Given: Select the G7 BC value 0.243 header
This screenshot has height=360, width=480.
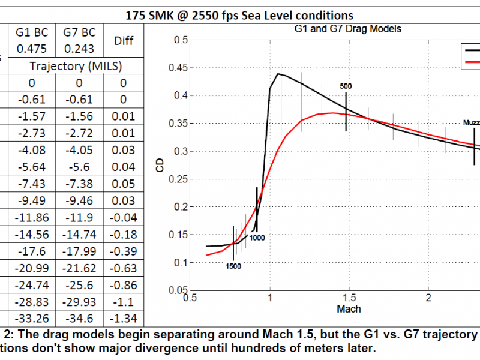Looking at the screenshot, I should point(79,40).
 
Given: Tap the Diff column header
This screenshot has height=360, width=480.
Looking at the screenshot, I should point(122,40).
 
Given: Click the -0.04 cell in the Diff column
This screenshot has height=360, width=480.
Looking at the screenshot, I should point(122,214).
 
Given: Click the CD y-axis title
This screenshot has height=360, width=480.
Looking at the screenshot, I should point(160,166).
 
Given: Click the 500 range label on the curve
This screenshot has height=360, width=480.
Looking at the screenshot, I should point(346,86).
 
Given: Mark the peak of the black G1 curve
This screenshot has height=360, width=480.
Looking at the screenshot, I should point(278,74).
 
